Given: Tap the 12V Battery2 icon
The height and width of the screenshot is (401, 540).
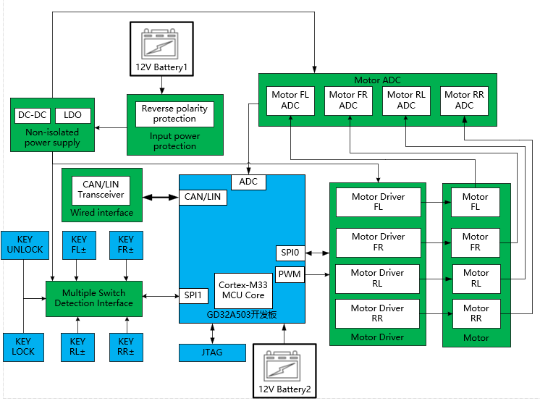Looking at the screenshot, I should click(x=284, y=370).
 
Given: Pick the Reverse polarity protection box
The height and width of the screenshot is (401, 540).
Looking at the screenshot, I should click(x=174, y=114).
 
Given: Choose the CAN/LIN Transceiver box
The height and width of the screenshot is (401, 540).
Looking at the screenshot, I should click(x=101, y=190).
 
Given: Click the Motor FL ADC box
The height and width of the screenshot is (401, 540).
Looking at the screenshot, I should click(x=290, y=100).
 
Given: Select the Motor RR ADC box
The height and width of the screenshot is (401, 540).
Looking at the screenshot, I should click(x=464, y=100).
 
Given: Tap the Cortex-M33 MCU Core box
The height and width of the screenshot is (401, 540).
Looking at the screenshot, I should click(x=243, y=290).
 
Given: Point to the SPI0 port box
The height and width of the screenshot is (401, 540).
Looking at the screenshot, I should click(x=290, y=253).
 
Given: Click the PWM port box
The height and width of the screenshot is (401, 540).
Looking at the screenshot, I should click(x=290, y=274).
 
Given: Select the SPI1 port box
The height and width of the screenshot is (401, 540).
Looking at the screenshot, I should click(x=193, y=295).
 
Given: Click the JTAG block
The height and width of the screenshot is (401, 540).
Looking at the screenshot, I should click(x=212, y=353).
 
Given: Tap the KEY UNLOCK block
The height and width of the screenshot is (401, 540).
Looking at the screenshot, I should click(x=25, y=245).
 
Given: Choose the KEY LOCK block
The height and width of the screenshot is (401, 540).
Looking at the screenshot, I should click(x=23, y=346).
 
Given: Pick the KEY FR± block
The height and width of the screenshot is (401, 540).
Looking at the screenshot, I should click(x=126, y=245).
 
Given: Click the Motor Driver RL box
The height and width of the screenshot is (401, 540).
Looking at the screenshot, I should click(x=378, y=278).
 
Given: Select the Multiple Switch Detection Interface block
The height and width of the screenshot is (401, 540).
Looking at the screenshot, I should click(x=93, y=298).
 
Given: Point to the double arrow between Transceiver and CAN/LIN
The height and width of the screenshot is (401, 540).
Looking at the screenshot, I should click(x=161, y=197).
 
